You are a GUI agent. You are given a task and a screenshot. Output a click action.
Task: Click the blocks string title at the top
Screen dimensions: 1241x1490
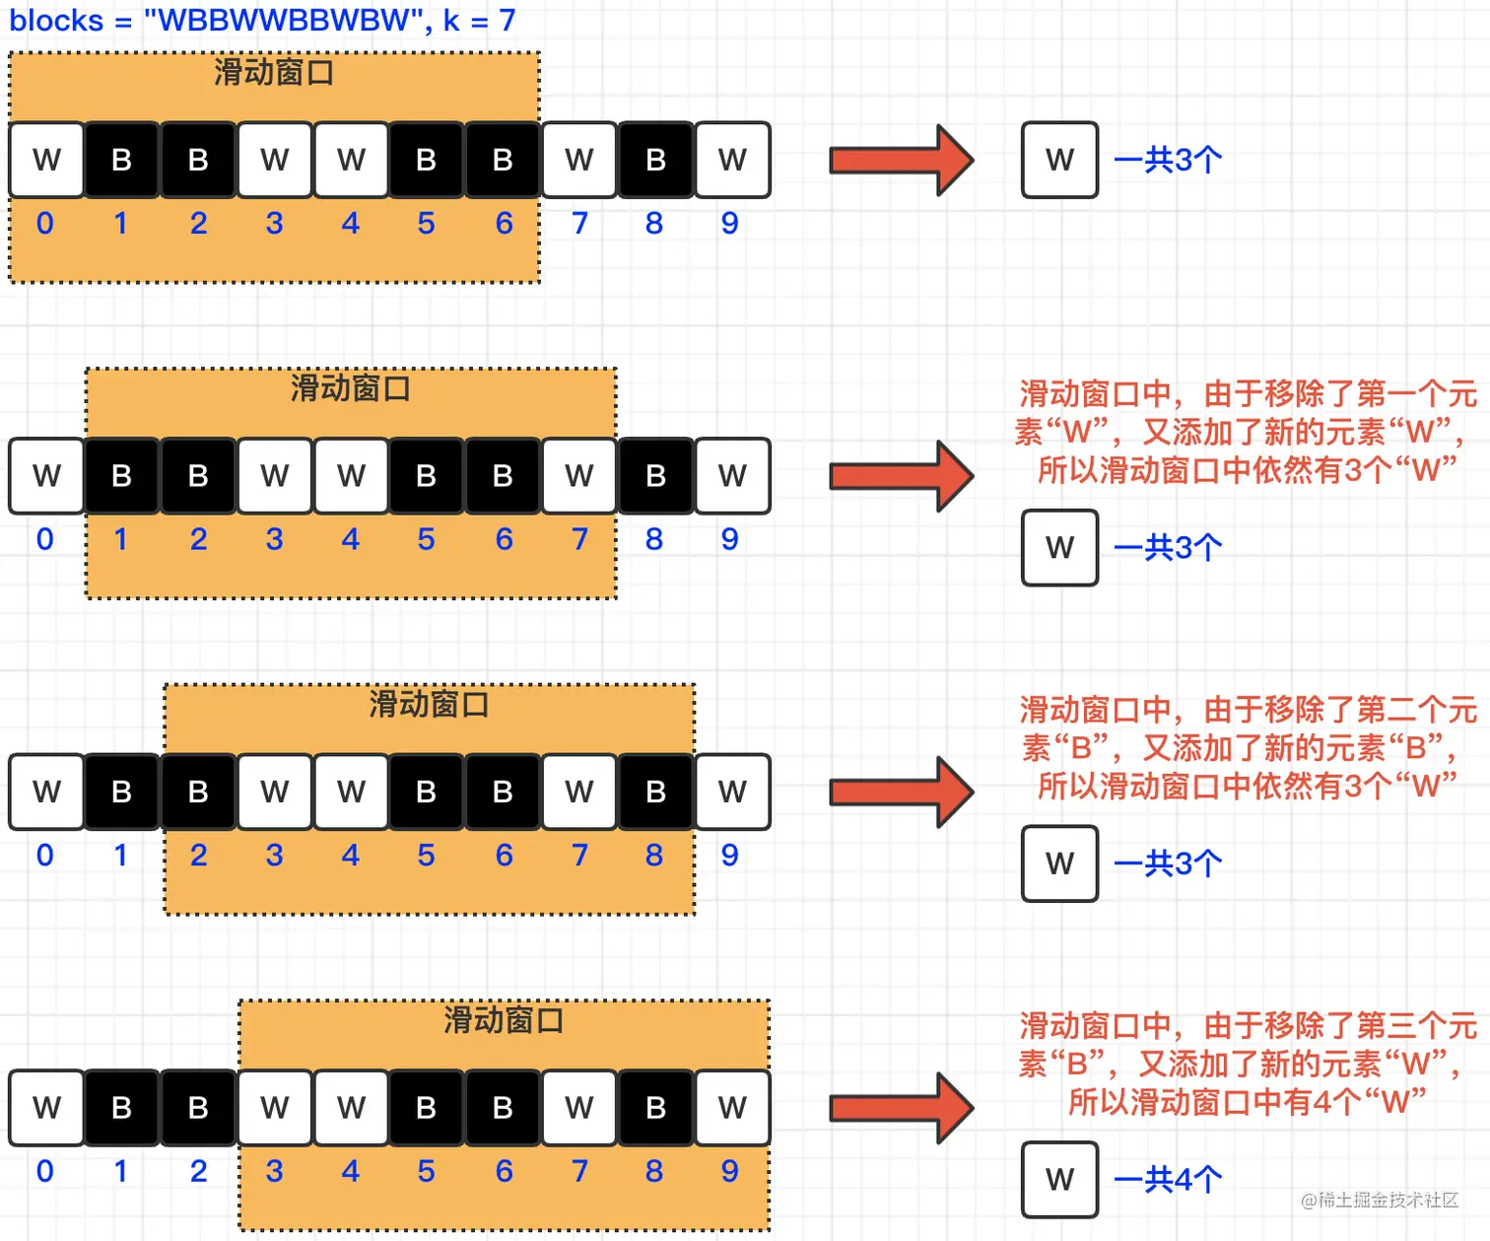point(262,21)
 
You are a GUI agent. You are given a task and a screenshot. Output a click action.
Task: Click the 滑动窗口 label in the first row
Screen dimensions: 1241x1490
point(274,72)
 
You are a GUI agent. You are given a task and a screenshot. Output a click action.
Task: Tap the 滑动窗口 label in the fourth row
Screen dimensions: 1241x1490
point(504,1019)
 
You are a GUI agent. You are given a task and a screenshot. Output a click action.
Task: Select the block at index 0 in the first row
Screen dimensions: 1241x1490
point(46,160)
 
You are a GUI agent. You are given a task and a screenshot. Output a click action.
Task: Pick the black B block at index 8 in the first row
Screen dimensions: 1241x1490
point(655,160)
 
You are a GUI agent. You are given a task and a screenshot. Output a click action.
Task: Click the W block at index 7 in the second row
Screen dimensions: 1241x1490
point(579,476)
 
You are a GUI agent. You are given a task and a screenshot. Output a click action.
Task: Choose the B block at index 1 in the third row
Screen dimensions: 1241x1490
point(122,792)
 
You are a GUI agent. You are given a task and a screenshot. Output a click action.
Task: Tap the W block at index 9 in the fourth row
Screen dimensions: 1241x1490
point(732,1108)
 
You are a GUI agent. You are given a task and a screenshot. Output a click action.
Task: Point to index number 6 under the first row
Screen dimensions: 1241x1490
point(504,224)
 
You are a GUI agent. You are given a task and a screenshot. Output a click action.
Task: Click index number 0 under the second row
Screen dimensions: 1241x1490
point(45,539)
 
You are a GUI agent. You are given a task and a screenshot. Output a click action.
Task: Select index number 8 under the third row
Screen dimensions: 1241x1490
point(654,856)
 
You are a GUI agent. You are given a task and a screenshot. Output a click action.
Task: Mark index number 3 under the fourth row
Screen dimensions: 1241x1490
point(274,1171)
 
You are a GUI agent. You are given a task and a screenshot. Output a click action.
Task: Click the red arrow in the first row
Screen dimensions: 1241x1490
point(901,160)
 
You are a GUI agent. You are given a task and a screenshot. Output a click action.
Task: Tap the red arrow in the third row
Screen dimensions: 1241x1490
point(901,792)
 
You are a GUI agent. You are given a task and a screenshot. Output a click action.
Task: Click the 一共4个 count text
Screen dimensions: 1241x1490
point(1169,1179)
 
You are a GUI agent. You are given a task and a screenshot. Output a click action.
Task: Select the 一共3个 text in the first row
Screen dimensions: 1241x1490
point(1169,160)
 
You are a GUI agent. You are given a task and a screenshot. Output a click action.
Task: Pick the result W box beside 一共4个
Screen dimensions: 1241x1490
point(1059,1179)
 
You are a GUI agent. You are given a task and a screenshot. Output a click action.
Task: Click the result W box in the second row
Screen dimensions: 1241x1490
point(1059,547)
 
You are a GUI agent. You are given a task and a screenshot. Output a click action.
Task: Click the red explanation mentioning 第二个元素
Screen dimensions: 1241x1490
point(1246,747)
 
